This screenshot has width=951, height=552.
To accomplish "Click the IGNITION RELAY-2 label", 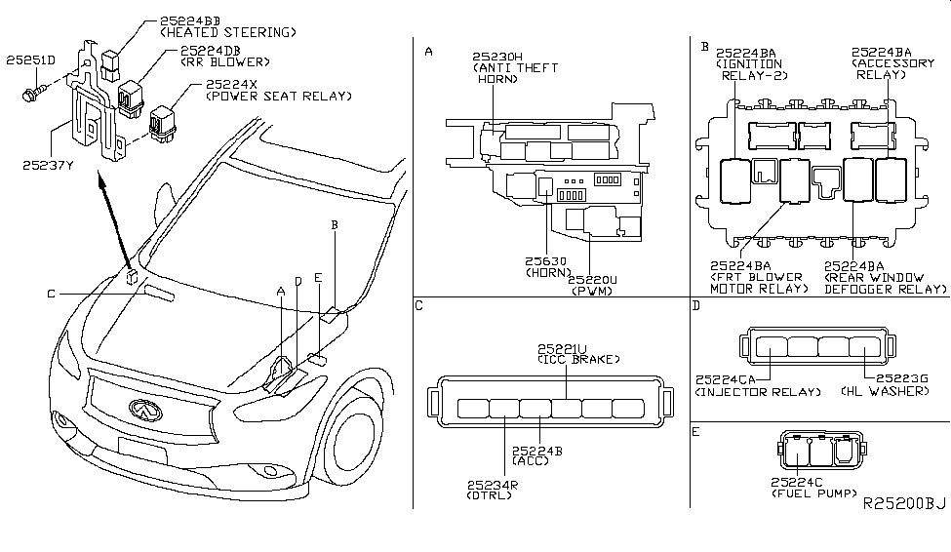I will point(749,69).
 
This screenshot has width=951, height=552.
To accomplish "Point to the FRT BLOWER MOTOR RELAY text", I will point(759,284).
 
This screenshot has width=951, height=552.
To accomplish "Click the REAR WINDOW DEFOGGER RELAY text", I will point(885,284).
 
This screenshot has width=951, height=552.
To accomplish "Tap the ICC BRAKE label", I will point(576,359).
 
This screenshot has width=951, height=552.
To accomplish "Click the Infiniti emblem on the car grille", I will point(143,411).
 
